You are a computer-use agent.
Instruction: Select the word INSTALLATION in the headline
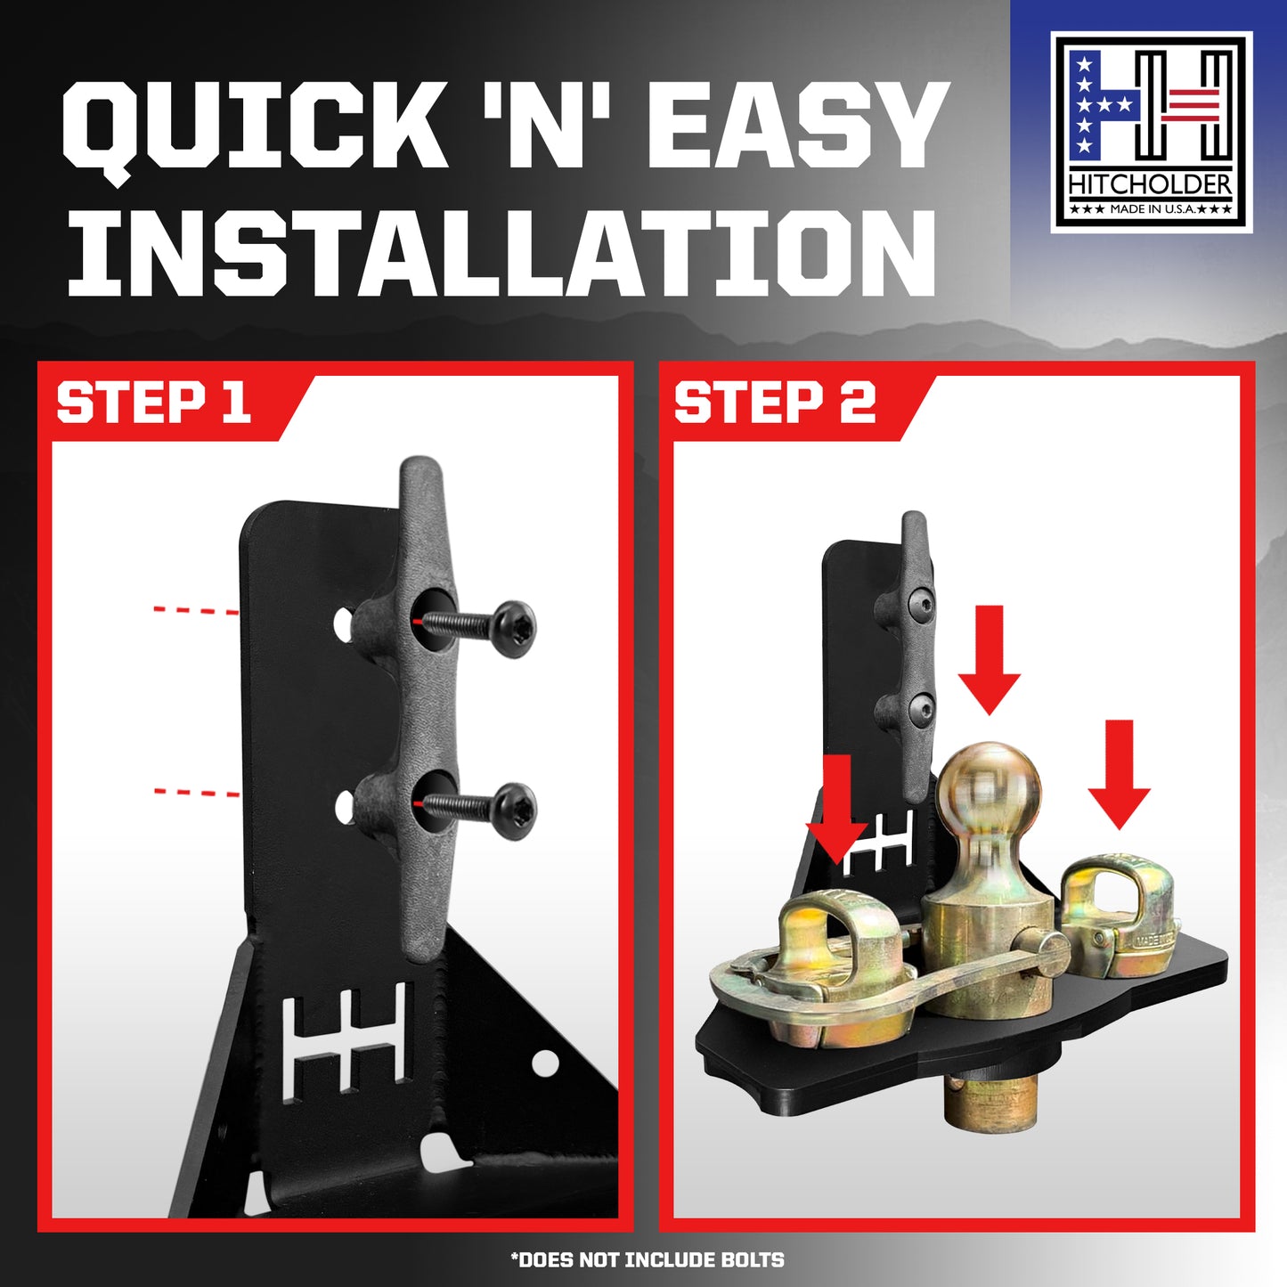tap(501, 252)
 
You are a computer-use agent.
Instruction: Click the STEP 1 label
tap(153, 403)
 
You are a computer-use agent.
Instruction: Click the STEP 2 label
tap(775, 403)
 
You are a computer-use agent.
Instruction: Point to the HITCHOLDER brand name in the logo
tap(1150, 185)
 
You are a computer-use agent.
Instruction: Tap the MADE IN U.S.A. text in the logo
tap(1150, 209)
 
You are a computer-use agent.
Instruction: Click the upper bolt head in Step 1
tap(515, 629)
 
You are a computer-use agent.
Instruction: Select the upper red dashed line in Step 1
tap(196, 610)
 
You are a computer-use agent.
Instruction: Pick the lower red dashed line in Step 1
tap(196, 793)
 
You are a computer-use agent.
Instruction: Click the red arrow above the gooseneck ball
tap(990, 659)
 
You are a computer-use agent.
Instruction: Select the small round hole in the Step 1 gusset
tap(546, 1060)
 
